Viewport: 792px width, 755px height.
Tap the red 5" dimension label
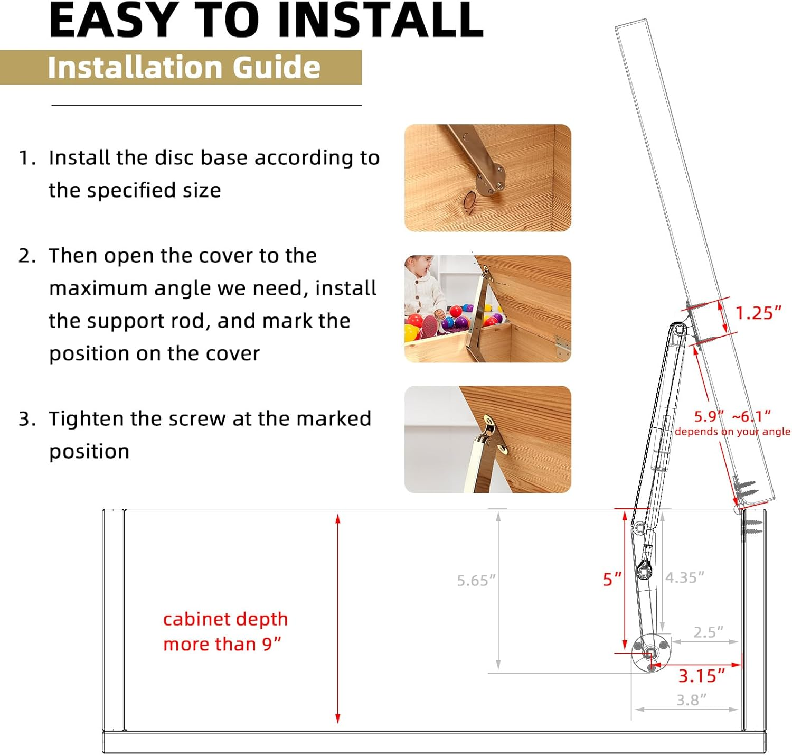(611, 579)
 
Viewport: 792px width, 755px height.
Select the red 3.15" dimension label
(701, 676)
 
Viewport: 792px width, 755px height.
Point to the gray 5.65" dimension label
(476, 581)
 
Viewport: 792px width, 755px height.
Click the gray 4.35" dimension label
(684, 577)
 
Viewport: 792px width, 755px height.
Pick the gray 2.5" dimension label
(708, 632)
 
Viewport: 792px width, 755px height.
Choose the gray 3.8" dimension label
(691, 700)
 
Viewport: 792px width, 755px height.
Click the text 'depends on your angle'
(732, 432)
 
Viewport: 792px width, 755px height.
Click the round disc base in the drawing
(650, 654)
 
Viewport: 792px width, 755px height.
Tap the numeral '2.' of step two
(27, 256)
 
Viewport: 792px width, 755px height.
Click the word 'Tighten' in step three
(87, 419)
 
